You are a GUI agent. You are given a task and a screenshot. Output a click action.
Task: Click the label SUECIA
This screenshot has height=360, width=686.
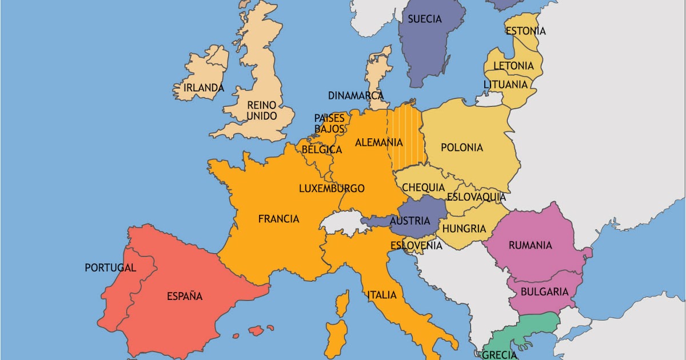point(424,19)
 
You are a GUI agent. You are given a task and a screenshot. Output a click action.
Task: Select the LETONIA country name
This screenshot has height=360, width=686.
point(513,66)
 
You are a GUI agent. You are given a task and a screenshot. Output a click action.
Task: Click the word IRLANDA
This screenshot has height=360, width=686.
point(204,88)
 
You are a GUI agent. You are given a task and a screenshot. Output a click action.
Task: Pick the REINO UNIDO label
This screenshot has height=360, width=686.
point(261,110)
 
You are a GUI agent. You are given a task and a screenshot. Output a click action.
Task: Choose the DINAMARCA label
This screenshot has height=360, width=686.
point(356,95)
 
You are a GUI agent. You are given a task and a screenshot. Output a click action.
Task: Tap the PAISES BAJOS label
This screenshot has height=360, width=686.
point(330,123)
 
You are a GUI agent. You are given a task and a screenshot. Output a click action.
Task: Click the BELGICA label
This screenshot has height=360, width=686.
point(321,150)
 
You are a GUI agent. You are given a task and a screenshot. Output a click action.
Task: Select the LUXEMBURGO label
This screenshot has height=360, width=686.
point(332,189)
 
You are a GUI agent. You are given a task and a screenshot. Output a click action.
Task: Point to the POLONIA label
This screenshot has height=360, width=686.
point(462,147)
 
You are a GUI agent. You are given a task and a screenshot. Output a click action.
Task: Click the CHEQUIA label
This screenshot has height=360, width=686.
point(423,187)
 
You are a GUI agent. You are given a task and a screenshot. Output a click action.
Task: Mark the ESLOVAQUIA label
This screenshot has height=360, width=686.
point(476,197)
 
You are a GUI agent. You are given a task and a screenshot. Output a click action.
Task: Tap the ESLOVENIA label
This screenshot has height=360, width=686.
point(416,246)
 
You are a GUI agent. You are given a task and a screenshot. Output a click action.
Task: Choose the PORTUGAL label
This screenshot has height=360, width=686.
point(110,267)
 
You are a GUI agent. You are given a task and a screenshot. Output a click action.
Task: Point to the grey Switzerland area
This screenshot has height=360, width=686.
point(342,222)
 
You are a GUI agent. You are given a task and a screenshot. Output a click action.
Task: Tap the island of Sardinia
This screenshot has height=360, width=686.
point(336,337)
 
